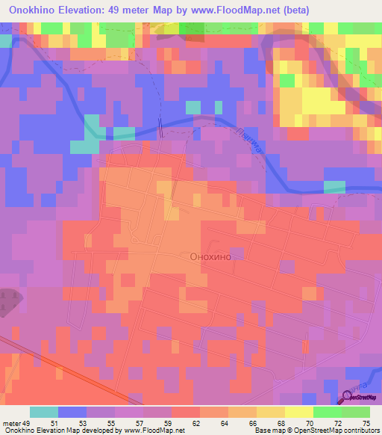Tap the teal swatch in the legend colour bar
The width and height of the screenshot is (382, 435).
(x=44, y=412)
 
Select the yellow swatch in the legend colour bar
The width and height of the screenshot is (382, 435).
(x=299, y=412)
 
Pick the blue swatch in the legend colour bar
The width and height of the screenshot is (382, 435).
(x=72, y=412)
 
